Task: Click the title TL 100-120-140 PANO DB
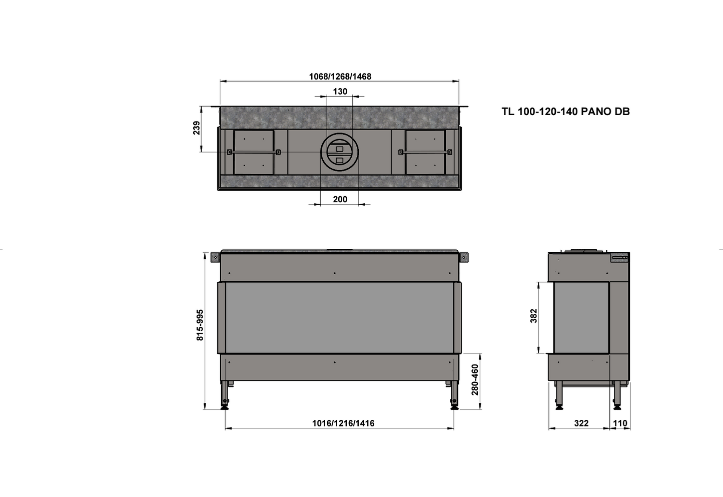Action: pyautogui.click(x=565, y=112)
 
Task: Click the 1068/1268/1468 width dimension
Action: pyautogui.click(x=340, y=77)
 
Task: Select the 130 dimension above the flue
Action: pyautogui.click(x=340, y=92)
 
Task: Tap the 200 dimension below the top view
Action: pyautogui.click(x=340, y=199)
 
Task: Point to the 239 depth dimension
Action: pyautogui.click(x=197, y=128)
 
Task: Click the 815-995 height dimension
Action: pyautogui.click(x=200, y=325)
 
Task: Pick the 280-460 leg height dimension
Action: pyautogui.click(x=475, y=379)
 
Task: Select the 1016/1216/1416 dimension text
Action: pyautogui.click(x=343, y=423)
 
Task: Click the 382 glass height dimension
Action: pyautogui.click(x=534, y=316)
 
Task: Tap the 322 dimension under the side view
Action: pyautogui.click(x=581, y=423)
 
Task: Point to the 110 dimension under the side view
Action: pyautogui.click(x=620, y=423)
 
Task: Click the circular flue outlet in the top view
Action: pyautogui.click(x=340, y=153)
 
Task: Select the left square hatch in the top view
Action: pyautogui.click(x=254, y=152)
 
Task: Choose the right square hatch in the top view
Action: pyautogui.click(x=425, y=152)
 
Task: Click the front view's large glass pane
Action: pyautogui.click(x=339, y=317)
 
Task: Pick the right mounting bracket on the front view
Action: pyautogui.click(x=464, y=258)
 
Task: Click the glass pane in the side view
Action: pyautogui.click(x=581, y=317)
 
